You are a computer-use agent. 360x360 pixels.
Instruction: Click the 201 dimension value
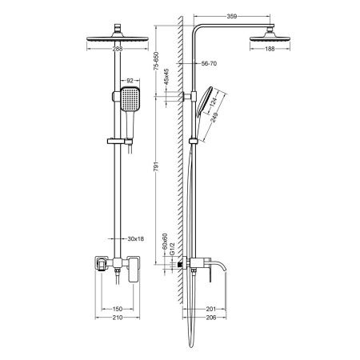point(212,307)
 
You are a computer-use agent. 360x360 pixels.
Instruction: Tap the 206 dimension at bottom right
point(213,318)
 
